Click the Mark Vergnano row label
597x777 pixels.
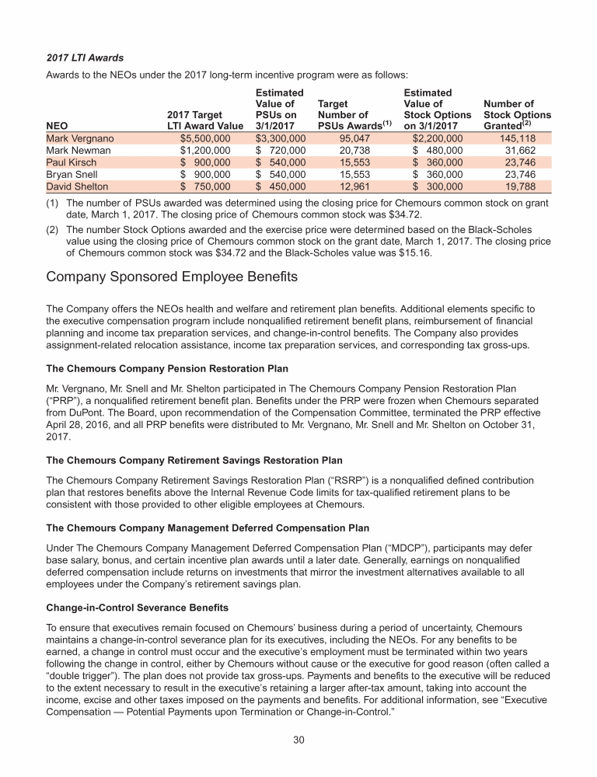[80, 138]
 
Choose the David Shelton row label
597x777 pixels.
[78, 186]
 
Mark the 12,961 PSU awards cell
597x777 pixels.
[334, 186]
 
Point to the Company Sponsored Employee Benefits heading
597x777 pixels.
[172, 276]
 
